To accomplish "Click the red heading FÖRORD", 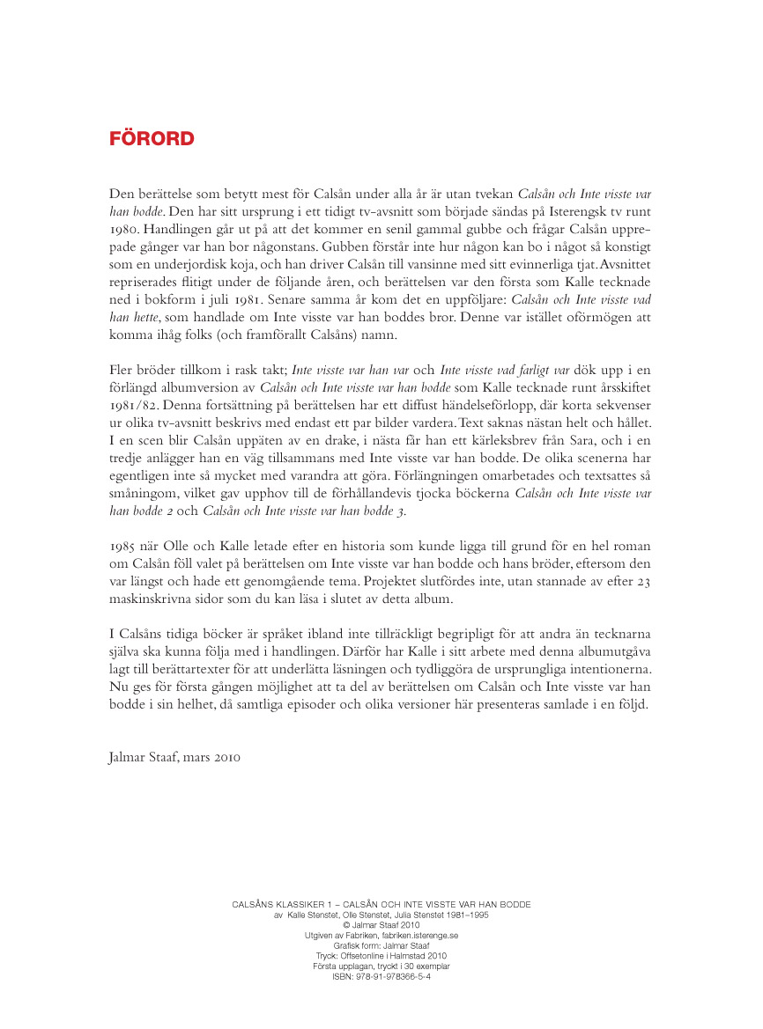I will point(152,139).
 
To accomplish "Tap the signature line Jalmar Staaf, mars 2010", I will point(174,756).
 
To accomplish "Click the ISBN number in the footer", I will point(381,976).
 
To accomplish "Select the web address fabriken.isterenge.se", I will point(413,935).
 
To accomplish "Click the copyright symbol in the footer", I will point(345,925).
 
